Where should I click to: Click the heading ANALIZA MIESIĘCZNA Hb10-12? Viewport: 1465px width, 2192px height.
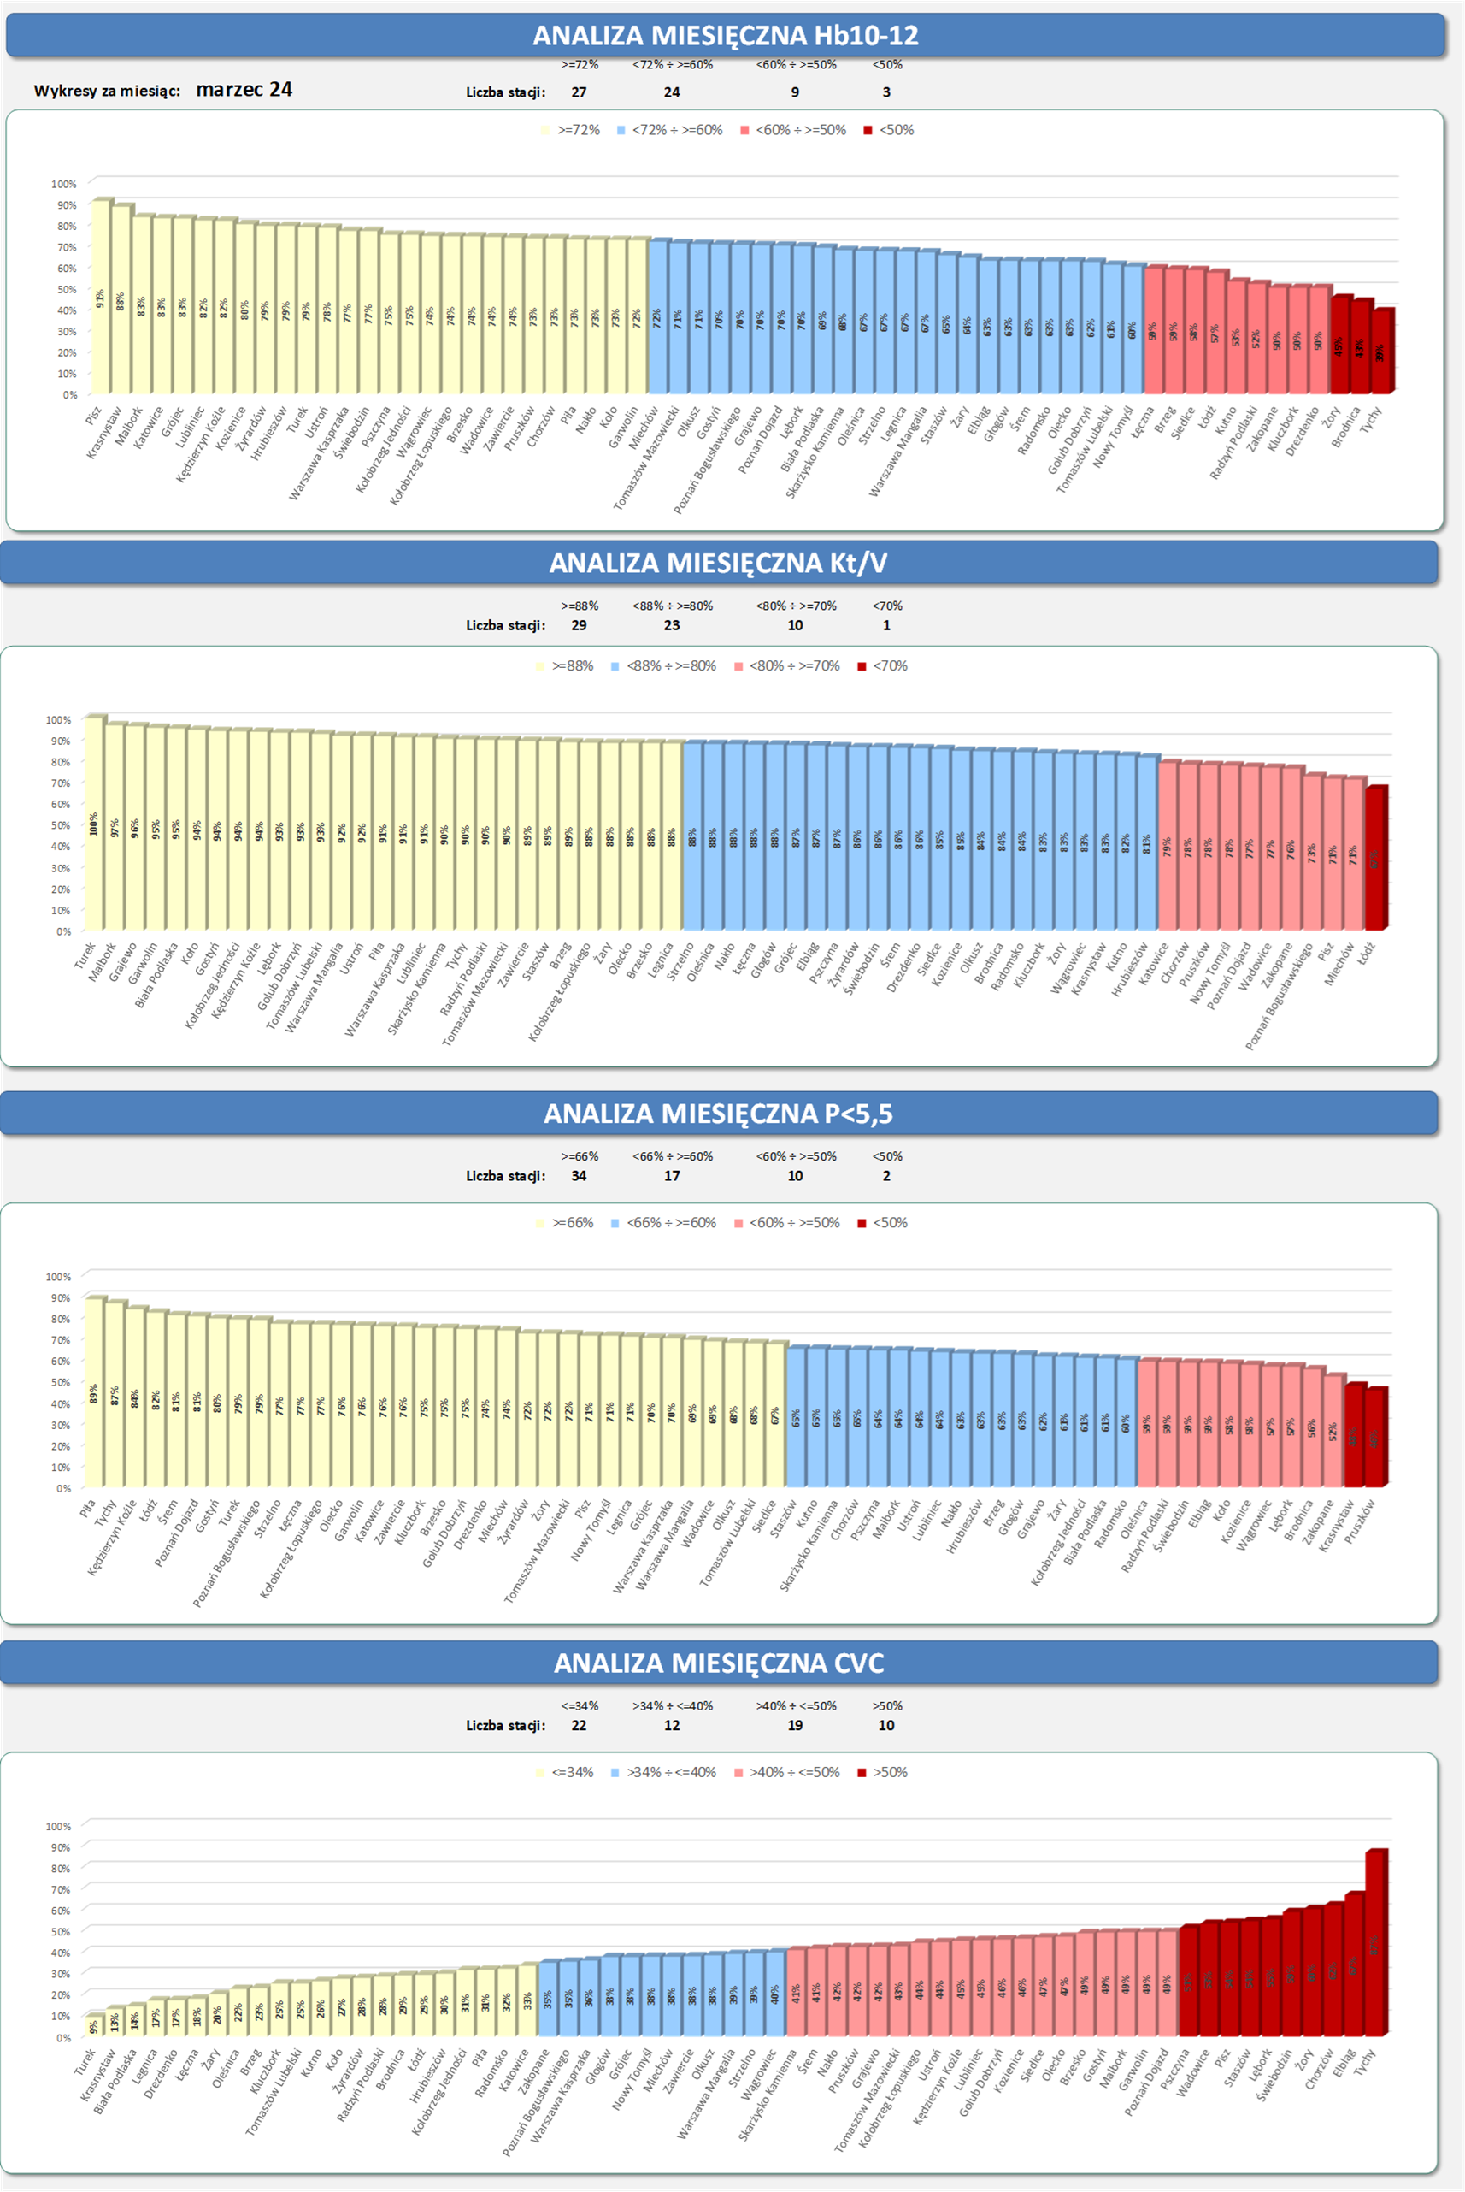point(725,36)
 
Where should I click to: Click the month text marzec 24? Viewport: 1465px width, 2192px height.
point(244,90)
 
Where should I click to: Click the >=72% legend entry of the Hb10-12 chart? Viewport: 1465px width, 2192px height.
point(571,130)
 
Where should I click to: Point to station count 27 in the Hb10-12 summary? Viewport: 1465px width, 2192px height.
point(580,92)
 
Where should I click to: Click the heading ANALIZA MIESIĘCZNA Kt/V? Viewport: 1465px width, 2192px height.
point(718,563)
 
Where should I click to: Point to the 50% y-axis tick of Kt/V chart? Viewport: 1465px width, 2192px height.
point(58,825)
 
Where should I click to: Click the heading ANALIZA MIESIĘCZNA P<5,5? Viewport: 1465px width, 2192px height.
point(718,1114)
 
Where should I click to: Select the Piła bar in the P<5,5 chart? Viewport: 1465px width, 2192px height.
point(93,1393)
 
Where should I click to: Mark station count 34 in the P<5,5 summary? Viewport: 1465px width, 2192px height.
point(580,1176)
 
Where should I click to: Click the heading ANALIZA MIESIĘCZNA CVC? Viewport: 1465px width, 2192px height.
point(718,1663)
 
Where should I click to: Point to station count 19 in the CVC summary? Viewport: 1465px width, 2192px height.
point(795,1726)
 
